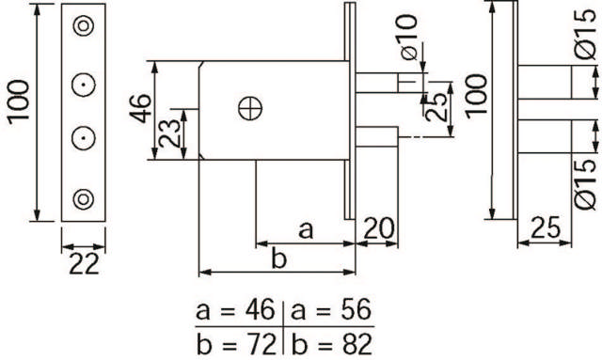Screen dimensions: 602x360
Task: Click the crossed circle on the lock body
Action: tap(250, 108)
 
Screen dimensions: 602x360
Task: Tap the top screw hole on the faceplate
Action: tap(84, 26)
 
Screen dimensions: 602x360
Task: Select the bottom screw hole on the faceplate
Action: tap(84, 199)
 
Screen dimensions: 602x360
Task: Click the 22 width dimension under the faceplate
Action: tap(84, 264)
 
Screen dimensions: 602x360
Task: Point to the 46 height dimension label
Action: tap(140, 109)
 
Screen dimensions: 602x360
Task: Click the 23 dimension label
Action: tap(169, 133)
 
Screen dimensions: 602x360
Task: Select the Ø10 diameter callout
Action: tap(408, 38)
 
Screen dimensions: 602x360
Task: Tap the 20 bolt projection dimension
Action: tap(378, 228)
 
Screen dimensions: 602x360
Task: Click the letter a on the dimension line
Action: tap(306, 230)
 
